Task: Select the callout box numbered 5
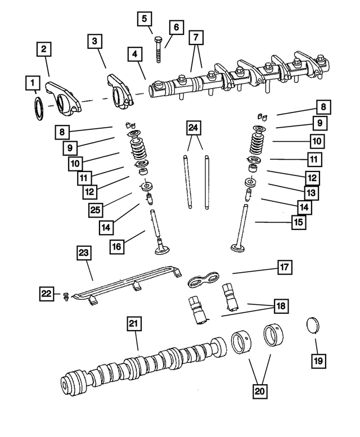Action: [145, 19]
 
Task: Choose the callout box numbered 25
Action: [96, 210]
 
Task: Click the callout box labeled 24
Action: [193, 129]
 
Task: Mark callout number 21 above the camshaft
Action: [133, 325]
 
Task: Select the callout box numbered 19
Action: [318, 361]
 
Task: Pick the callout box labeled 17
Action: [285, 268]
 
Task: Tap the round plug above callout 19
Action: [313, 326]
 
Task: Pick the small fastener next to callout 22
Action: [66, 295]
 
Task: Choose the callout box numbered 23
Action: [84, 254]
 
